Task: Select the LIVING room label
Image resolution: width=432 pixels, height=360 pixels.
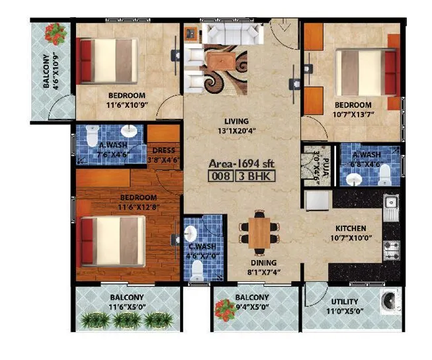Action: coord(236,121)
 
